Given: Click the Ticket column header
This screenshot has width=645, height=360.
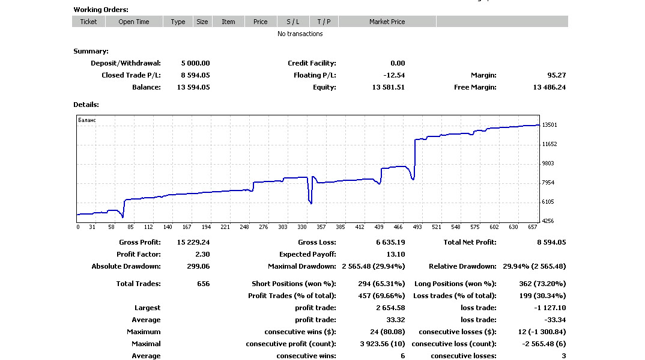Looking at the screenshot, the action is click(88, 22).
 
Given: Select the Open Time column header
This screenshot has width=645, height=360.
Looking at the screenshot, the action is click(134, 22).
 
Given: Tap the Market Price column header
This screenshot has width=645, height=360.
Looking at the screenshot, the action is click(387, 22).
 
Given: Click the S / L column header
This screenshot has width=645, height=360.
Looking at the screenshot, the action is click(293, 22).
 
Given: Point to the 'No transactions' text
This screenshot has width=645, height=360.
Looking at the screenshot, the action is click(300, 34).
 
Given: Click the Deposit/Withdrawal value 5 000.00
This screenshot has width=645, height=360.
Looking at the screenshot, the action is click(195, 63).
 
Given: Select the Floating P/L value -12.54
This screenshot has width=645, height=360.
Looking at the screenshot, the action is click(393, 75).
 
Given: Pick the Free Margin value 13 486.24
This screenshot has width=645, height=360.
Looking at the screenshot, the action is click(549, 87).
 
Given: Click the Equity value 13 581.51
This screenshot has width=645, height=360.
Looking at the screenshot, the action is click(389, 87).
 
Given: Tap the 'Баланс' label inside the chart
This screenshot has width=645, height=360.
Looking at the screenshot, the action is click(87, 120).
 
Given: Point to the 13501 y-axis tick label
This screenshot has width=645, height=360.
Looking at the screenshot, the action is click(550, 125).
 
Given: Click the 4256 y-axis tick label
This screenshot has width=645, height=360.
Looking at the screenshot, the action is click(548, 221).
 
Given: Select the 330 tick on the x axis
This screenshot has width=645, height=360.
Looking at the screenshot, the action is click(302, 227).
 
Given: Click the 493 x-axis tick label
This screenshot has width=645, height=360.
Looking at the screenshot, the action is click(417, 227).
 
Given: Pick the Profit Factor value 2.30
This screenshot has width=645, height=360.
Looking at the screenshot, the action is click(202, 254).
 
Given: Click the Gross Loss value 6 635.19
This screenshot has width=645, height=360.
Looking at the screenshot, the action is click(390, 242).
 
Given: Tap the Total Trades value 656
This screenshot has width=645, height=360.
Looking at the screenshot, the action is click(203, 284).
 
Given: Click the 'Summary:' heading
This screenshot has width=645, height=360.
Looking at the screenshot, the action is click(91, 52).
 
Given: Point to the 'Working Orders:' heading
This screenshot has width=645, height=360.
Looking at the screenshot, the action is click(101, 10).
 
